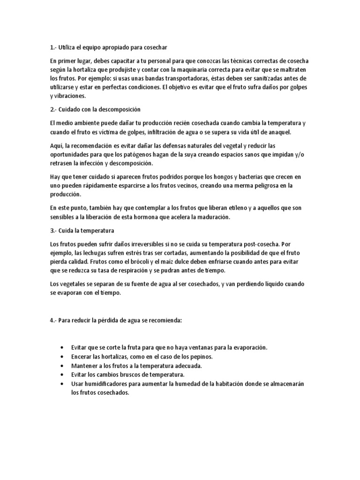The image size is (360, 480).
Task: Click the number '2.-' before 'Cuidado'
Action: [53, 109]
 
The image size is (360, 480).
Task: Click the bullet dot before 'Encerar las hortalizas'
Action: [63, 356]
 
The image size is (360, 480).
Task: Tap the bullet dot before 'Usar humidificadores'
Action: [63, 383]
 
